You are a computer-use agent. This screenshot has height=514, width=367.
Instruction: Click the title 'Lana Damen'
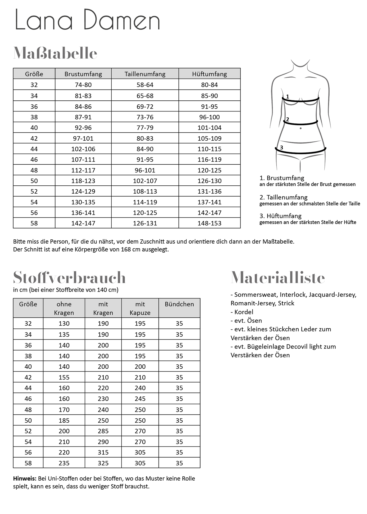pyautogui.click(x=88, y=20)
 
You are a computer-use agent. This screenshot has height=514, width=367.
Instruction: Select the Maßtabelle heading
pyautogui.click(x=55, y=53)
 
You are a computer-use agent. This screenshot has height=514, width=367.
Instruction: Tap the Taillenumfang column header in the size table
pyautogui.click(x=145, y=74)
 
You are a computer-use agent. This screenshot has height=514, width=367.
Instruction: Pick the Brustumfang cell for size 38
pyautogui.click(x=83, y=117)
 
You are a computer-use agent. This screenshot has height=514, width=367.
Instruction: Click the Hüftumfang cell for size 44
pyautogui.click(x=209, y=149)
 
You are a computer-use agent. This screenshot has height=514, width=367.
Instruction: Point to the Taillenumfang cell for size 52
pyautogui.click(x=145, y=191)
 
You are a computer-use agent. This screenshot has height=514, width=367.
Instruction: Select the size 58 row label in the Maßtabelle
pyautogui.click(x=34, y=223)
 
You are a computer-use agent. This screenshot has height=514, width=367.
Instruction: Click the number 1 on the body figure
pyautogui.click(x=287, y=97)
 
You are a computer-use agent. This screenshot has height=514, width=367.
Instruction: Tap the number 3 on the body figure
pyautogui.click(x=282, y=148)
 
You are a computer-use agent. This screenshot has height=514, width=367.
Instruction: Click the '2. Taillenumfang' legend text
pyautogui.click(x=283, y=197)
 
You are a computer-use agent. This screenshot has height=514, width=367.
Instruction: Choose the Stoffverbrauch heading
pyautogui.click(x=69, y=278)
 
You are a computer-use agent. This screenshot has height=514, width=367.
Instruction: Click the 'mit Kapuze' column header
pyautogui.click(x=140, y=308)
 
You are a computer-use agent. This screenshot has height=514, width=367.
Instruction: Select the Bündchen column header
pyautogui.click(x=179, y=304)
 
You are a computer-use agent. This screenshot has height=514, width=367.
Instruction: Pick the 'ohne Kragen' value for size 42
pyautogui.click(x=64, y=377)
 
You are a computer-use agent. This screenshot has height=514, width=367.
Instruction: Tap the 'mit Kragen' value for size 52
pyautogui.click(x=103, y=431)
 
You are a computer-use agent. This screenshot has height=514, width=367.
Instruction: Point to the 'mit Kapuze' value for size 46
pyautogui.click(x=140, y=399)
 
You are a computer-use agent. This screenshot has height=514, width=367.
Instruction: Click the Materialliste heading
pyautogui.click(x=278, y=278)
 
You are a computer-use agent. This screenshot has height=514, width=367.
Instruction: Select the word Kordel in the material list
pyautogui.click(x=244, y=312)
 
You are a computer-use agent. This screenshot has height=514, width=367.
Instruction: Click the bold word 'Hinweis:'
pyautogui.click(x=25, y=479)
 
